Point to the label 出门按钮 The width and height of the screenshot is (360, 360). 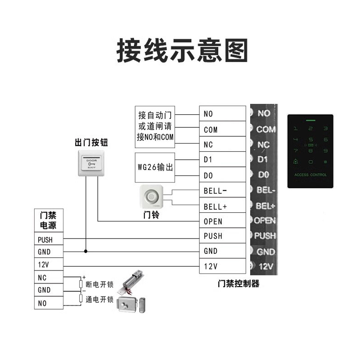pyautogui.click(x=92, y=143)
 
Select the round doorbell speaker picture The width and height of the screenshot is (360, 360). pyautogui.click(x=152, y=198)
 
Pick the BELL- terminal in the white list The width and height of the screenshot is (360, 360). pyautogui.click(x=222, y=191)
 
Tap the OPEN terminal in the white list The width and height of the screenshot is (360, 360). pyautogui.click(x=222, y=221)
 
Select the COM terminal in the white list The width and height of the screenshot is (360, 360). pyautogui.click(x=222, y=130)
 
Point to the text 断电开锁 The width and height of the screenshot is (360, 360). pyautogui.click(x=99, y=284)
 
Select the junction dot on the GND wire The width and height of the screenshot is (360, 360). pyautogui.click(x=85, y=251)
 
